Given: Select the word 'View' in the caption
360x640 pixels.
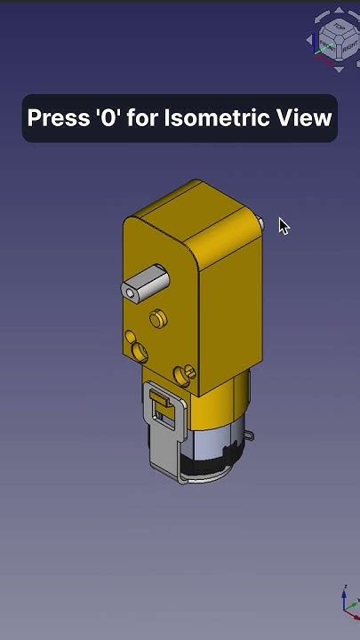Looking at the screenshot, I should tap(309, 118).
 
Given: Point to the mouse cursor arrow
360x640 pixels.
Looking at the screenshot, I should tap(283, 225).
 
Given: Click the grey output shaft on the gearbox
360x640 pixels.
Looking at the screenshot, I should tap(145, 283).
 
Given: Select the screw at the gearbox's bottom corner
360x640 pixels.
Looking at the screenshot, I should tap(187, 372).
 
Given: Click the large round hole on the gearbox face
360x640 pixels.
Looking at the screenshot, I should tap(140, 351).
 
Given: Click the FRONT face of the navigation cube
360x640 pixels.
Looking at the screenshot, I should tap(328, 46).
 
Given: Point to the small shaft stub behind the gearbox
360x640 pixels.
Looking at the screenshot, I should tap(260, 222).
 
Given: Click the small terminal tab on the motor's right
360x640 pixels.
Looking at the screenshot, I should tap(251, 436).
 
